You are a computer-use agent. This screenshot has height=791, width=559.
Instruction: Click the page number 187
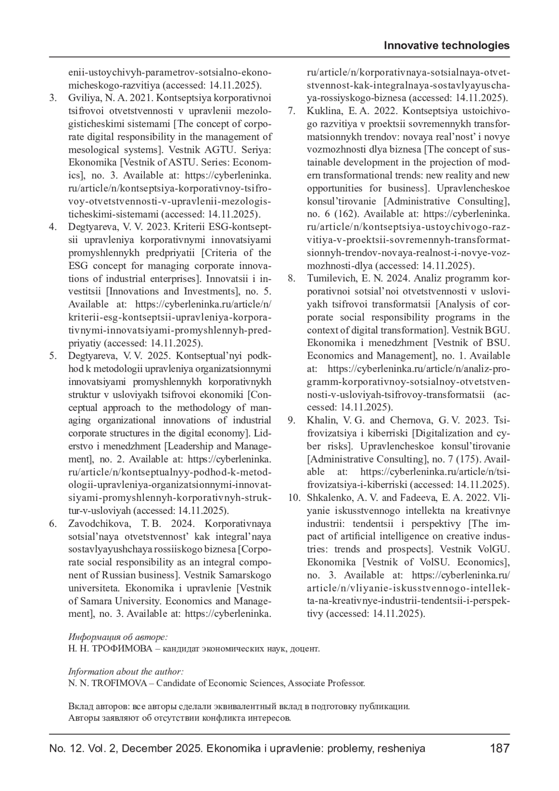[x=500, y=749]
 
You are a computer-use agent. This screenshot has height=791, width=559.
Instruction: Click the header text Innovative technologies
[x=446, y=46]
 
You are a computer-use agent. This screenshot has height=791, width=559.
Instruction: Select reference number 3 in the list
[x=53, y=99]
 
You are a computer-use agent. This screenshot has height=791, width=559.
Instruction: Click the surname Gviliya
[x=84, y=99]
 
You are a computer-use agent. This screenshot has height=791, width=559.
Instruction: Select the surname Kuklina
[x=323, y=111]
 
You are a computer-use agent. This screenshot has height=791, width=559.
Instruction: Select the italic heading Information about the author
[x=126, y=671]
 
